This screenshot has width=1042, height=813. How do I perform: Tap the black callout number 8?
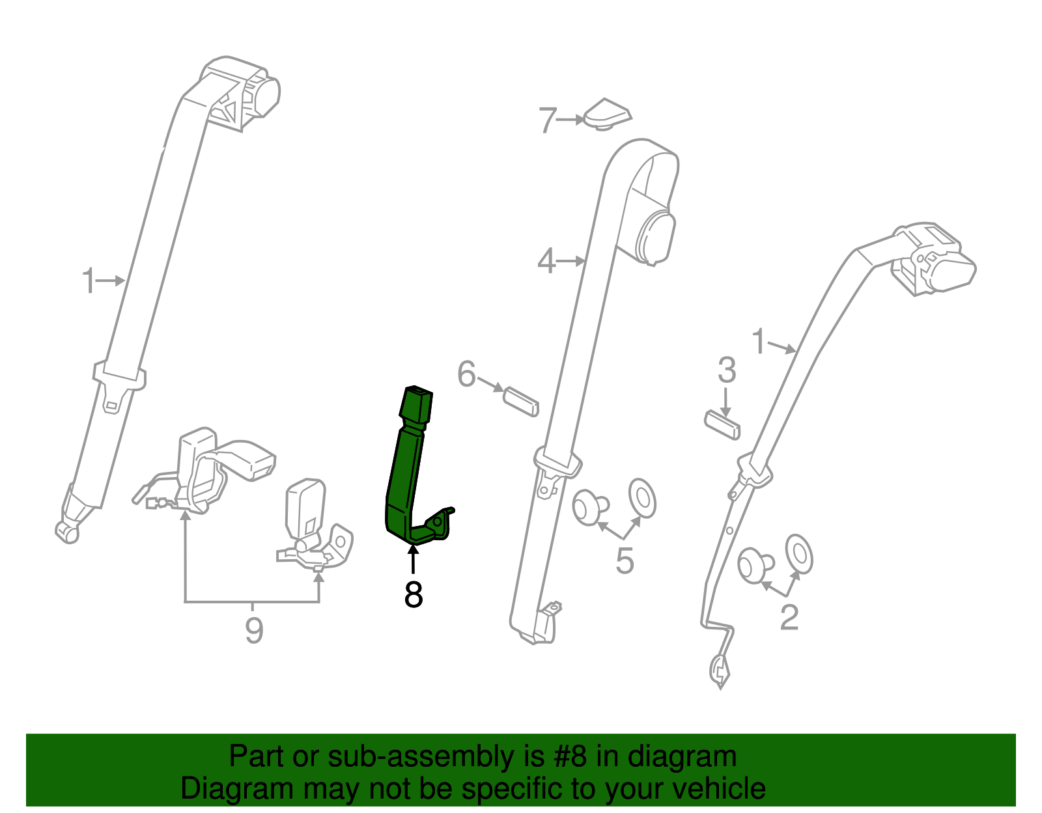[x=414, y=594]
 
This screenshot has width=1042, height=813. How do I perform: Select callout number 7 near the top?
[x=548, y=120]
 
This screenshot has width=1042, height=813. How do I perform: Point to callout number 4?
[x=546, y=262]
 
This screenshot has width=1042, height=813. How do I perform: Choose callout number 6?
[x=466, y=374]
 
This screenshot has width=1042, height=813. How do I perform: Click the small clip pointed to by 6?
[x=521, y=401]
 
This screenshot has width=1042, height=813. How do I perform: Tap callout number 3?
[x=727, y=370]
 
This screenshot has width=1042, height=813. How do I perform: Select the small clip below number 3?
[x=722, y=424]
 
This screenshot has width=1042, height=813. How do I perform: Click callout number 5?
[x=625, y=561]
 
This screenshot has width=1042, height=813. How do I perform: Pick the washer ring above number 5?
[x=642, y=499]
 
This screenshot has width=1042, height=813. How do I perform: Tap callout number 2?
[x=789, y=617]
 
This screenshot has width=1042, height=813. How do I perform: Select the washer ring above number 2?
[x=799, y=554]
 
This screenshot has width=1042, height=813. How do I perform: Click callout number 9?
[x=254, y=630]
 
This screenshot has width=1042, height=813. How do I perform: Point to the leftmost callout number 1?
[x=89, y=282]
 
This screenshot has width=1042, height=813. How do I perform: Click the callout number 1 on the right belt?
[x=759, y=342]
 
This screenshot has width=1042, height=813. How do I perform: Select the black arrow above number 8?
[x=413, y=559]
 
